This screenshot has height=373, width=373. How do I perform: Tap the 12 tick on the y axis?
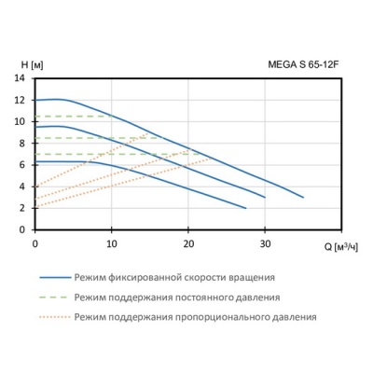click(x=21, y=100)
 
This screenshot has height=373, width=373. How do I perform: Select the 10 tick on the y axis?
click(x=21, y=121)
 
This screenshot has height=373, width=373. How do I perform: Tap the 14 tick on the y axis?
click(x=21, y=78)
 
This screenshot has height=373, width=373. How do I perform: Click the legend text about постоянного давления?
click(x=176, y=297)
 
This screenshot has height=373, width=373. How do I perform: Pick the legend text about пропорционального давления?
click(x=195, y=317)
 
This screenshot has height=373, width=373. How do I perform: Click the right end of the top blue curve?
click(x=303, y=197)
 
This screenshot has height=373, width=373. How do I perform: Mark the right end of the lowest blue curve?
click(x=245, y=208)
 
